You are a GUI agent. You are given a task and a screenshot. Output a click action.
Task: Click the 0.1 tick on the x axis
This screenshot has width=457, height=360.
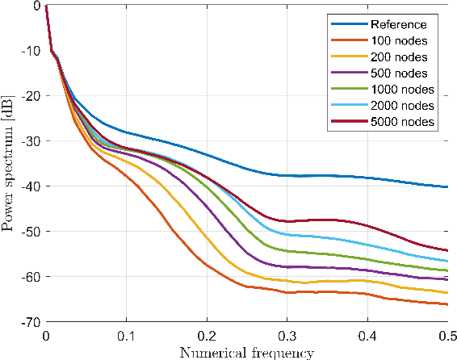126,335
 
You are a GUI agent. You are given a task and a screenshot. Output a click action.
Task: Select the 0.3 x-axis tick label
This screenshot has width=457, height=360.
287,335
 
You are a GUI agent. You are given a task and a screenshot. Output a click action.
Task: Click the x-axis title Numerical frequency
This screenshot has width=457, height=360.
246,352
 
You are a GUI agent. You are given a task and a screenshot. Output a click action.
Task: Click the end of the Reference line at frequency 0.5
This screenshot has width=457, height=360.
447,186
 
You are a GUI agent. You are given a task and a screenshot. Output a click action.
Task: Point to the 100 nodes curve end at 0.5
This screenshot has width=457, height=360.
447,304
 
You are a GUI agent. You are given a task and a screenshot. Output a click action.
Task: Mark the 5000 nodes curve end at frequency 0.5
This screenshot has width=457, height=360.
447,250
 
